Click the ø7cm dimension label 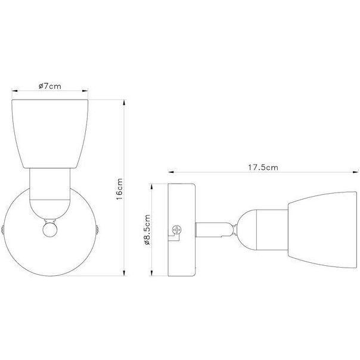[49, 86]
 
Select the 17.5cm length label [263, 167]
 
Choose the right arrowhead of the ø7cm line [88, 92]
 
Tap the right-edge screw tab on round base [97, 230]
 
